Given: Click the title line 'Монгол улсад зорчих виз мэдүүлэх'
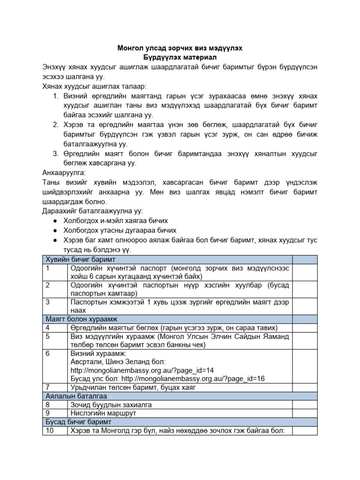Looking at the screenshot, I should (180, 48).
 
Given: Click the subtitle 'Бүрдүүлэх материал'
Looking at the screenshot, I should (180, 58).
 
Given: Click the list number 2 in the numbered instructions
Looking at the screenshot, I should (55, 124).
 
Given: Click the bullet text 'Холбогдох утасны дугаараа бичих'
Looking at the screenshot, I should (120, 230).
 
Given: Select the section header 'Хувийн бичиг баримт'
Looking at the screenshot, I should (80, 259).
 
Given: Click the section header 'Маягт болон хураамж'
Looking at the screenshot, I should (82, 318).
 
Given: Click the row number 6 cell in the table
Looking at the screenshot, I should (48, 353).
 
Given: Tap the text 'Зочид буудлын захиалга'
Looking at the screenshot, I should (111, 405).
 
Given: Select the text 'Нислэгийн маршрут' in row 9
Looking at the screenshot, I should (103, 413).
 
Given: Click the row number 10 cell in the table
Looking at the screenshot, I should (50, 431).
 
